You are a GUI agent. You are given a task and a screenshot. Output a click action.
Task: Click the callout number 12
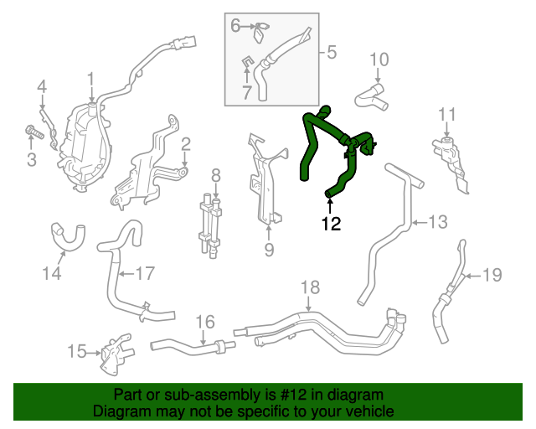[x=331, y=224]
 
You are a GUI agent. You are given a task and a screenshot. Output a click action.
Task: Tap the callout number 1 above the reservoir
[x=90, y=80]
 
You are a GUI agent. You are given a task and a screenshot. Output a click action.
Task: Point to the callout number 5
[x=331, y=53]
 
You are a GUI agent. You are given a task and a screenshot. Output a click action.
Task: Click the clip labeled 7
[x=249, y=62]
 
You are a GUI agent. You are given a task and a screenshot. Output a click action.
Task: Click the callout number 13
[x=439, y=222]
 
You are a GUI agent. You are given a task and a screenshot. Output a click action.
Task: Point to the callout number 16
[x=205, y=322]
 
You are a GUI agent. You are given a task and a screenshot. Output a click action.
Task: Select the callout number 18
[x=310, y=287]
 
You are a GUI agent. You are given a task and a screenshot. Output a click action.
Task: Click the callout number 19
[x=492, y=274]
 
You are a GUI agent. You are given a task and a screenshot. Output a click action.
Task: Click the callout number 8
[x=215, y=175]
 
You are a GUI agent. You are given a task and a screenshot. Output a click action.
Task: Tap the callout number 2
[x=185, y=143]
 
